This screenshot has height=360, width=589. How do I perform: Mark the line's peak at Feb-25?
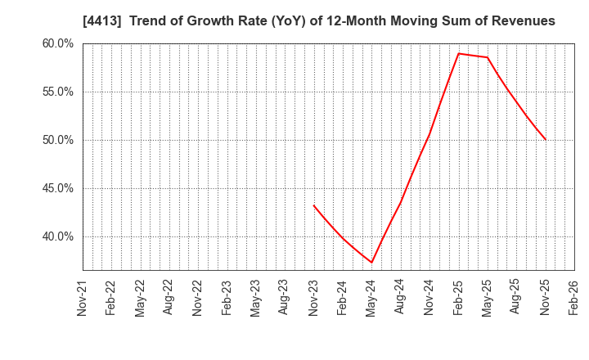(458, 53)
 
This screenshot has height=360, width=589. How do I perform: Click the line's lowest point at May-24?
(371, 263)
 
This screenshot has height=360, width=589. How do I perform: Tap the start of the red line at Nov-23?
(313, 205)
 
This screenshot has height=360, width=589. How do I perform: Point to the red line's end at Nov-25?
(545, 140)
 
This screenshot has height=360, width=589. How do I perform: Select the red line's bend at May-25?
(487, 57)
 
